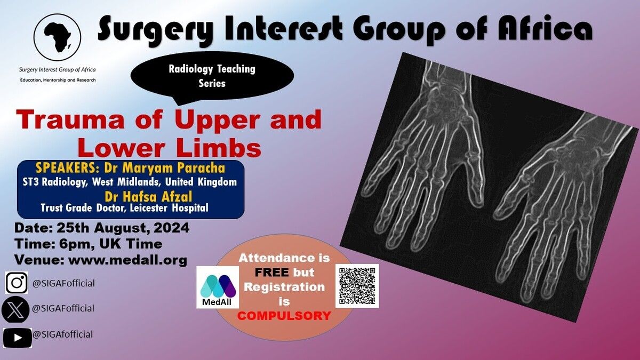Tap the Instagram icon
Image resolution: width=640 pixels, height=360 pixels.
coord(17,283)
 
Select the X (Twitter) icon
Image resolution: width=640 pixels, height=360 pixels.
coord(15,309)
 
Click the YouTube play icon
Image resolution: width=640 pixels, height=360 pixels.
coord(18,338)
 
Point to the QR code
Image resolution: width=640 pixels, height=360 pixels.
coord(357,286)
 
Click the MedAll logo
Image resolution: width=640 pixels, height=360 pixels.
coord(218,287)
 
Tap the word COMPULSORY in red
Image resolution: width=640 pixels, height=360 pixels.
coord(284,316)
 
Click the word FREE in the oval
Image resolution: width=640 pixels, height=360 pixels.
coord(271,273)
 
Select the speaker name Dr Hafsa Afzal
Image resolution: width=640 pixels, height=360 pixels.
coord(148,197)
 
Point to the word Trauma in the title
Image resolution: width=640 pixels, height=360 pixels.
coord(70,119)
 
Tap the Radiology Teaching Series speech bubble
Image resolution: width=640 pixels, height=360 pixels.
coord(212,77)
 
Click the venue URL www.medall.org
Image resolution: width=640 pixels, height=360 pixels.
coord(127,260)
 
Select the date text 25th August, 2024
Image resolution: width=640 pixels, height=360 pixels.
coord(123,228)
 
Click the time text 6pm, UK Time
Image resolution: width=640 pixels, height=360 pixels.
coord(111,244)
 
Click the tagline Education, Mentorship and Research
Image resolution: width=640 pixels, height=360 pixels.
coord(58,80)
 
